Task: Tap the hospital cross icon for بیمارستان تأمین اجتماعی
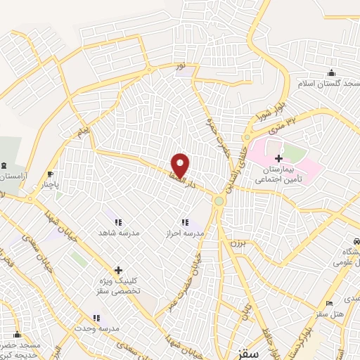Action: click(279, 159)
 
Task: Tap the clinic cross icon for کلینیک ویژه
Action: click(118, 269)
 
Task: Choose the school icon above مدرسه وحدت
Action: click(96, 318)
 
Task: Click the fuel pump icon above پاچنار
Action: click(50, 174)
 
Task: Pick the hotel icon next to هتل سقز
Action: click(328, 303)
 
